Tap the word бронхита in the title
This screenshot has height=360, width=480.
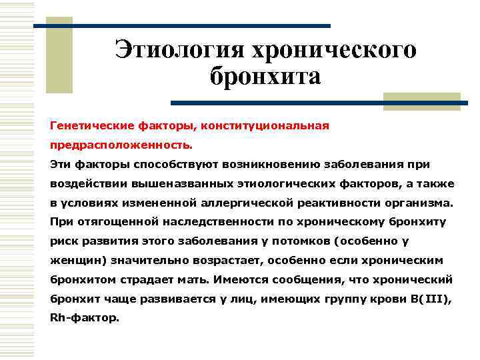coord(265,77)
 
